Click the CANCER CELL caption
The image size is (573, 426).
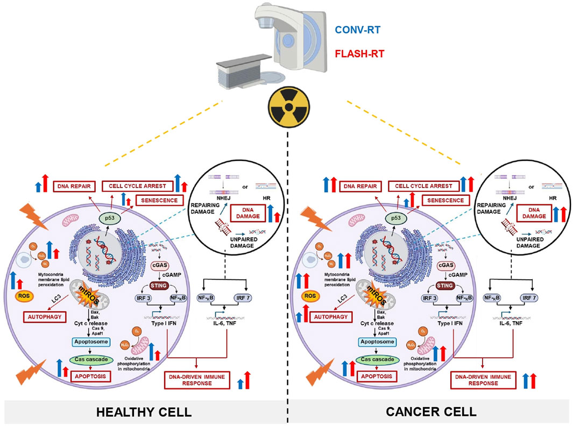point(431,412)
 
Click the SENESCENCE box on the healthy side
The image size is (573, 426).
point(159,200)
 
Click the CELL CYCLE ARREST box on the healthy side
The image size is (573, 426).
point(137,187)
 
